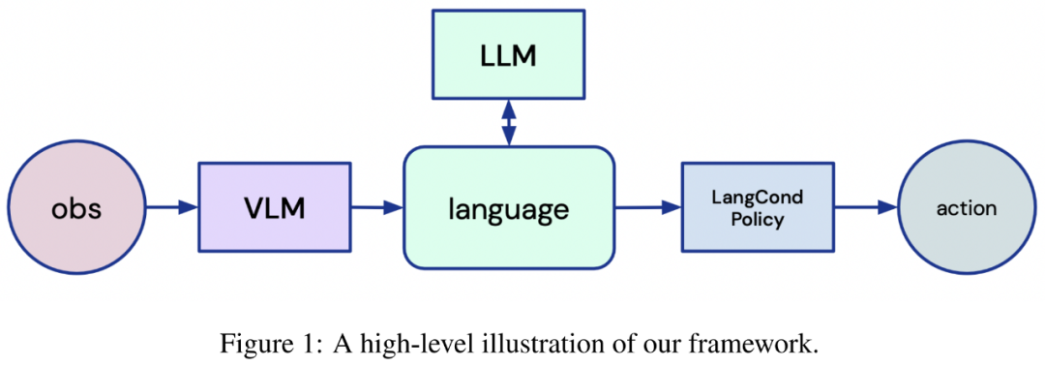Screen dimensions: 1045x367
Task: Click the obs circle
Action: click(76, 208)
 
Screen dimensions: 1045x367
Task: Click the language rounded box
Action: click(509, 208)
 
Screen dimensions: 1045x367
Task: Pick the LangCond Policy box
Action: click(757, 208)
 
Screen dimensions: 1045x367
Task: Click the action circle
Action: click(967, 208)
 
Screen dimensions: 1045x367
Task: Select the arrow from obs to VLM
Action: click(172, 207)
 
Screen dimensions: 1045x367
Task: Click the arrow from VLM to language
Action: click(377, 208)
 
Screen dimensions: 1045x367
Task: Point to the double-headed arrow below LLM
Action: click(509, 123)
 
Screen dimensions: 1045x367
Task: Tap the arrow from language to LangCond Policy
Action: click(647, 208)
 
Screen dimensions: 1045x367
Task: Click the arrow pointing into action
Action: click(866, 208)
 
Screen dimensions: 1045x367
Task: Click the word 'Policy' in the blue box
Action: click(757, 220)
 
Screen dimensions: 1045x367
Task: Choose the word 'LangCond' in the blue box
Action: click(757, 198)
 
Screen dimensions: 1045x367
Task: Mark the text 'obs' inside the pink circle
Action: click(76, 209)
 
